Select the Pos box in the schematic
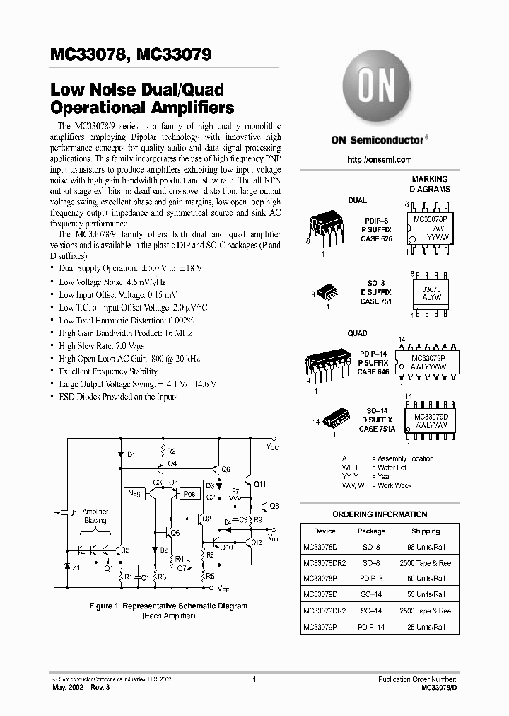189,494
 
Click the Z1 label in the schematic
76,567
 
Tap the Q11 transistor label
259,484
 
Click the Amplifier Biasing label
95,515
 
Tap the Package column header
370,531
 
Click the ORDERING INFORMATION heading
380,514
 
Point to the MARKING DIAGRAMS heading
431,185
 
